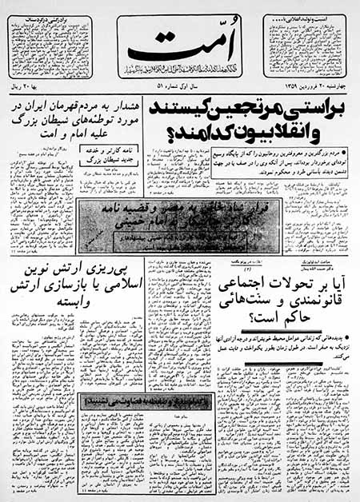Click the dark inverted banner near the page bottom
pos(139,398)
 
